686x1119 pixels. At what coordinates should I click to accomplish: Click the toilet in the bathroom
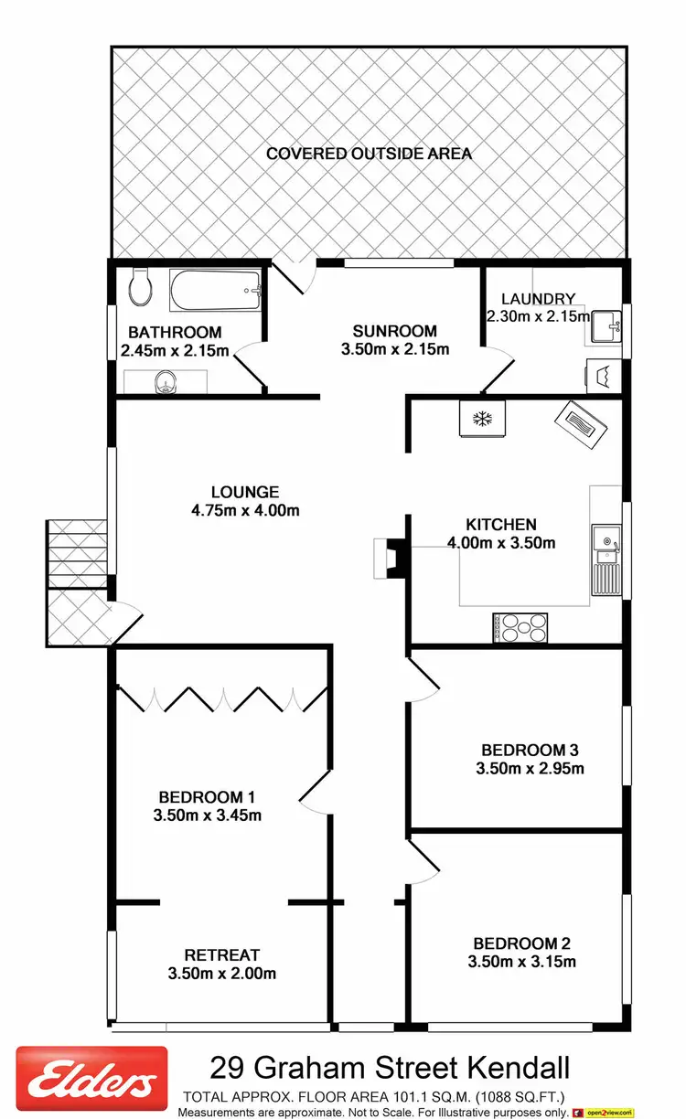tap(141, 286)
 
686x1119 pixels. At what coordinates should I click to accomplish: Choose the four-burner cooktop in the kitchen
tap(521, 628)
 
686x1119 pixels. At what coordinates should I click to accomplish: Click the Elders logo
tap(92, 1084)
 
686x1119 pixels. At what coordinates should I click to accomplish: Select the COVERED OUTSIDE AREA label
tap(369, 154)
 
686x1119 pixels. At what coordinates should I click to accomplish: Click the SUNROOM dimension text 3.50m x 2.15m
tap(395, 349)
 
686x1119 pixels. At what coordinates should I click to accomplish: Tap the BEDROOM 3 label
tap(530, 751)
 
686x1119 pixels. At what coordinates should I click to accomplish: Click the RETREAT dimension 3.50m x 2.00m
tap(222, 974)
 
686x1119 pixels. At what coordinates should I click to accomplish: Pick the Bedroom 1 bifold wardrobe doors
tap(221, 698)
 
